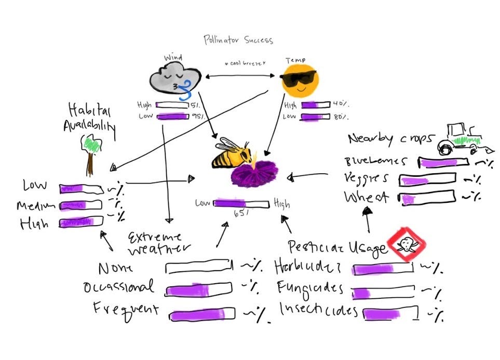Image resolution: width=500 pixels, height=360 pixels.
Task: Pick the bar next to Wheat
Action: [x=428, y=198]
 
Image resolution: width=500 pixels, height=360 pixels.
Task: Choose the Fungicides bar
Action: [x=384, y=292]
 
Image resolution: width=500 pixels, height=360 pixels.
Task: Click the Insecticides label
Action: [x=318, y=310]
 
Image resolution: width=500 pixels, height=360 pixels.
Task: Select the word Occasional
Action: [x=119, y=287]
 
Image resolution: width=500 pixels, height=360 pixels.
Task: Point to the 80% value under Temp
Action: [x=341, y=117]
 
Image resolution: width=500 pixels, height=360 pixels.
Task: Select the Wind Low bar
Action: [x=172, y=116]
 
